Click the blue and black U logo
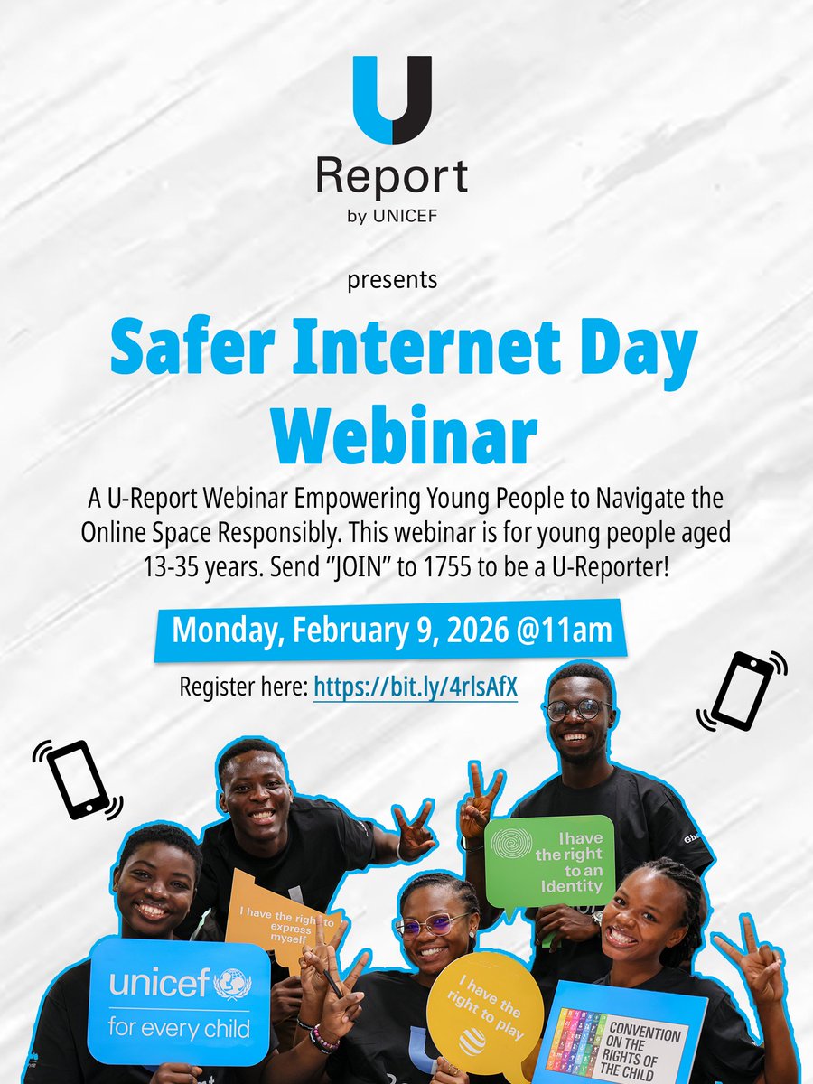[392, 100]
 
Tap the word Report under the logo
[392, 177]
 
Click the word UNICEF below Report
[411, 218]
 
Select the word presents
[392, 279]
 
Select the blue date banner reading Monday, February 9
[391, 630]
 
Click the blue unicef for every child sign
[179, 1000]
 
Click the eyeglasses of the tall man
[577, 709]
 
